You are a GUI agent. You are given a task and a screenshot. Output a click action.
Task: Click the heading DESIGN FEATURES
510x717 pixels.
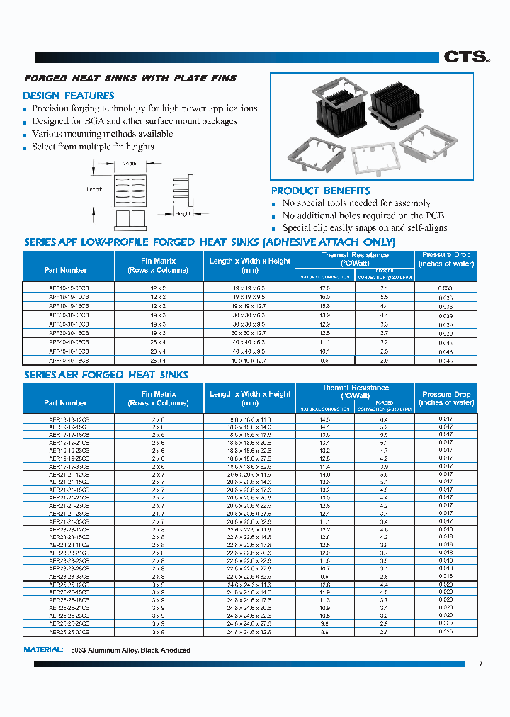pyautogui.click(x=68, y=96)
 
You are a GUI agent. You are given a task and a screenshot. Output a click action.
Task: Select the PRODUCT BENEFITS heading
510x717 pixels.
pyautogui.click(x=320, y=191)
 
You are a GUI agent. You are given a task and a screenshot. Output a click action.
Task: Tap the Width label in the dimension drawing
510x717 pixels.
pyautogui.click(x=130, y=163)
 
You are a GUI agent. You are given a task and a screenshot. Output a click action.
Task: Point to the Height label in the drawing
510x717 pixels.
pyautogui.click(x=183, y=213)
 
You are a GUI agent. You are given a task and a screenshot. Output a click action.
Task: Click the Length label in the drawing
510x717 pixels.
pyautogui.click(x=94, y=189)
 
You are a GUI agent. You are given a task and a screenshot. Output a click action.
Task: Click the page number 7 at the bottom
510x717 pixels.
pyautogui.click(x=480, y=664)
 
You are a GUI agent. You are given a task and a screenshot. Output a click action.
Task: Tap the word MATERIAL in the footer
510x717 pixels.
pyautogui.click(x=45, y=650)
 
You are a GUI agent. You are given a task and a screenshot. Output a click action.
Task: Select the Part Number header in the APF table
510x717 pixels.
pyautogui.click(x=65, y=270)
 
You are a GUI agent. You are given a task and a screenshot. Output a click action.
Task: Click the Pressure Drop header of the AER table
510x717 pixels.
pyautogui.click(x=446, y=398)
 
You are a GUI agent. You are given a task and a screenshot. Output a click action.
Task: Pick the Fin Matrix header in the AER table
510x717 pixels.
pyautogui.click(x=158, y=398)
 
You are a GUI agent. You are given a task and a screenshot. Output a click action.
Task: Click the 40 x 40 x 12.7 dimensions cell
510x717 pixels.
pyautogui.click(x=249, y=361)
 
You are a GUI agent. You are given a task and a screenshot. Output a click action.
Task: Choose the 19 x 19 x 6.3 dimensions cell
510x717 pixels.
pyautogui.click(x=249, y=288)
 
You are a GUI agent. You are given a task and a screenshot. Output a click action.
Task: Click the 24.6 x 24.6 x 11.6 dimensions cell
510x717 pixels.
pyautogui.click(x=249, y=585)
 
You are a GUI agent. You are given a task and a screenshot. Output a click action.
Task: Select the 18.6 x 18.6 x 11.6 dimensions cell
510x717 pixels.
pyautogui.click(x=249, y=419)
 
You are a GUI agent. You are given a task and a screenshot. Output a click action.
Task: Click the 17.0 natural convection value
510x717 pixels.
pyautogui.click(x=325, y=288)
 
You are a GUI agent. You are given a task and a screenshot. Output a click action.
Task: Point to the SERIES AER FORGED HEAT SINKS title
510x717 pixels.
pyautogui.click(x=106, y=375)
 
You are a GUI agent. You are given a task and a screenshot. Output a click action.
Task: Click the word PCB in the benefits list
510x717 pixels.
pyautogui.click(x=433, y=215)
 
